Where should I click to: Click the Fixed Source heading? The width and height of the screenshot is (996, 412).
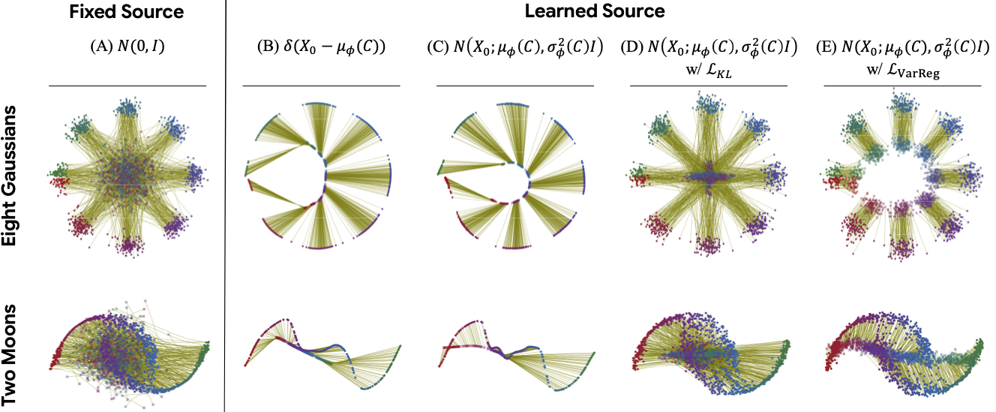click(x=126, y=12)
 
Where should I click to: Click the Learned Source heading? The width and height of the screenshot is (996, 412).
click(x=611, y=12)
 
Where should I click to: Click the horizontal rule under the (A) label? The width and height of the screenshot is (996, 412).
click(x=127, y=86)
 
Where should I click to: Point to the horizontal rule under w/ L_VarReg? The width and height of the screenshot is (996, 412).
click(x=901, y=86)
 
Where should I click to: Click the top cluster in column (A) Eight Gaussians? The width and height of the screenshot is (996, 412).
click(x=128, y=110)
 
